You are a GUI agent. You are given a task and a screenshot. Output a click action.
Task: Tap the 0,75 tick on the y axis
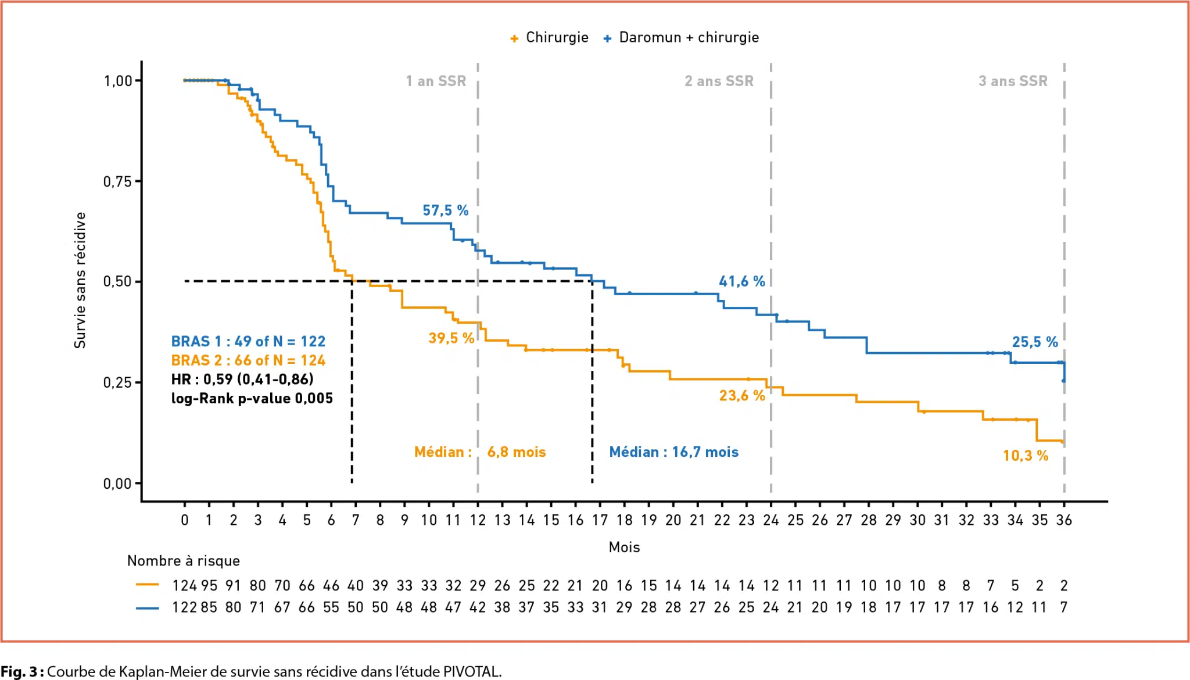(117, 181)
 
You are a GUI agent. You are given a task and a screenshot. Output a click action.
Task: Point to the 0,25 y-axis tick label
(117, 382)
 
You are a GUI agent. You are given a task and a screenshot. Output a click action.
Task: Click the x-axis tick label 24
(770, 520)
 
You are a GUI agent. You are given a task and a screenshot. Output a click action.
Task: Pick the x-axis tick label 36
(1064, 520)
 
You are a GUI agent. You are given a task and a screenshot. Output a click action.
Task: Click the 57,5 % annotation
(445, 210)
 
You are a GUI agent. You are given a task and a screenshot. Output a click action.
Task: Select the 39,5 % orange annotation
(451, 338)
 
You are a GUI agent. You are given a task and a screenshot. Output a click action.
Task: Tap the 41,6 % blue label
(742, 281)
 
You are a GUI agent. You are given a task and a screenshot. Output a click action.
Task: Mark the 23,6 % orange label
(742, 396)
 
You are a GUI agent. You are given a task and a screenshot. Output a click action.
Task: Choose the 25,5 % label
(1035, 342)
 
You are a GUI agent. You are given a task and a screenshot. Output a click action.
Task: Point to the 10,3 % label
(1026, 456)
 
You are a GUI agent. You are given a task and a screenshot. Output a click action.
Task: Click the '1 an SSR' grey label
(436, 81)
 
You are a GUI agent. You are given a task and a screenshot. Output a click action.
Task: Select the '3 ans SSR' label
(1013, 81)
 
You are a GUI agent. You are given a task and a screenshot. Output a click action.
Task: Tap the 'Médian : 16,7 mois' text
(673, 452)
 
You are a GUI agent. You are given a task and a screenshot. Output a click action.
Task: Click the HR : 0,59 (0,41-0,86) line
(242, 380)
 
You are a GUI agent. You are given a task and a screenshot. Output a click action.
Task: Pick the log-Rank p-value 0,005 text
(252, 399)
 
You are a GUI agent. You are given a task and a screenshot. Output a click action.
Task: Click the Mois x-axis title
(624, 547)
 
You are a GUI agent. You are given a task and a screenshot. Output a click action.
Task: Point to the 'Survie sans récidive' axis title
(80, 280)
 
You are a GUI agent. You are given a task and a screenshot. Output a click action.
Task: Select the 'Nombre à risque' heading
(184, 561)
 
